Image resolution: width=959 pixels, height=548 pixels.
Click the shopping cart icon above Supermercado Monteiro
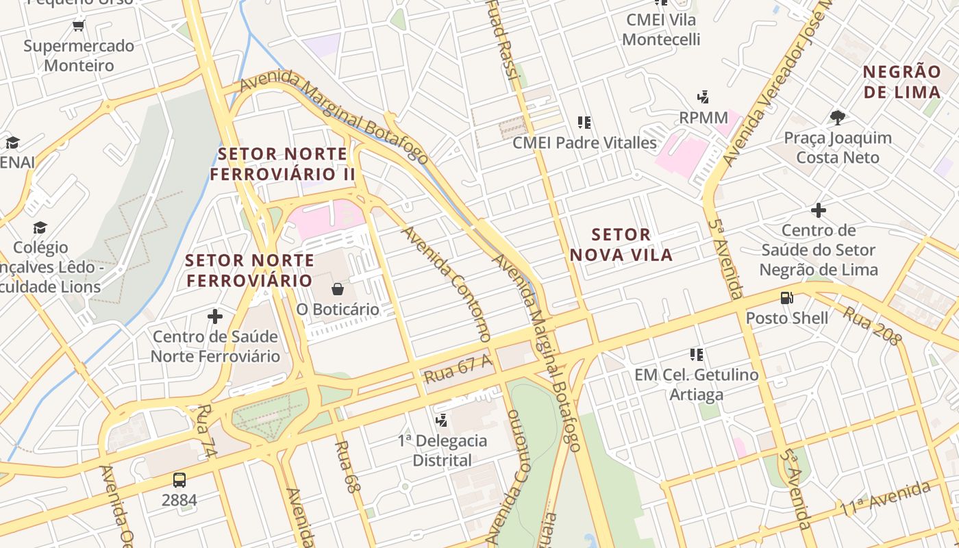78,26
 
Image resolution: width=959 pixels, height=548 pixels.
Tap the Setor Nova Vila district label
621,245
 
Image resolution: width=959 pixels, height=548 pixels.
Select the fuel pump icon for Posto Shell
787,298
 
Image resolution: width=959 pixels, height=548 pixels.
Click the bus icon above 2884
179,480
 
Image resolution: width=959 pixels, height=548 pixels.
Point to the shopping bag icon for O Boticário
337,289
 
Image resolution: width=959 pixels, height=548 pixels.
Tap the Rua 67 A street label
458,370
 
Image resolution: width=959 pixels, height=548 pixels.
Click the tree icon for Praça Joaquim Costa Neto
837,118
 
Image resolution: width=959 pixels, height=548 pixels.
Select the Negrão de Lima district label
901,82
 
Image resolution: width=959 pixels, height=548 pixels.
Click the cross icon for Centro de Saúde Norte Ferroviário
215,316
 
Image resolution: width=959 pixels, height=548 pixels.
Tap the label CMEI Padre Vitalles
584,143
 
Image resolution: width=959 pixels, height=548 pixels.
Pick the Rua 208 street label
871,325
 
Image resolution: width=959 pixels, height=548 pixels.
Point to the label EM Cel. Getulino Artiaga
696,384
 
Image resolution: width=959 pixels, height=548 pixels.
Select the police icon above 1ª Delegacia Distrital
443,420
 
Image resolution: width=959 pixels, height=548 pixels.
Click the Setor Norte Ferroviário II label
282,164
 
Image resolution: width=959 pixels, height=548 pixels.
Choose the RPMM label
703,118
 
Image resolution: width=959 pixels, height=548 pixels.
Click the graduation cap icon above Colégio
40,227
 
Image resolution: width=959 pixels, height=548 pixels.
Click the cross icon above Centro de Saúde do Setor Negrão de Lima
818,210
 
